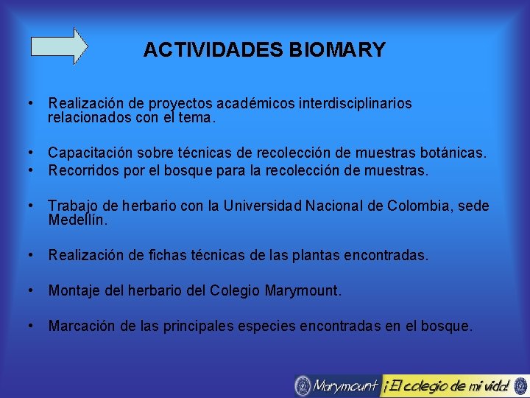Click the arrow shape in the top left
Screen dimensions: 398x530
pos(59,46)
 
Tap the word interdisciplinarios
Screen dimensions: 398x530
pos(356,104)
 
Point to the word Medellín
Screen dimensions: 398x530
pos(77,220)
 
